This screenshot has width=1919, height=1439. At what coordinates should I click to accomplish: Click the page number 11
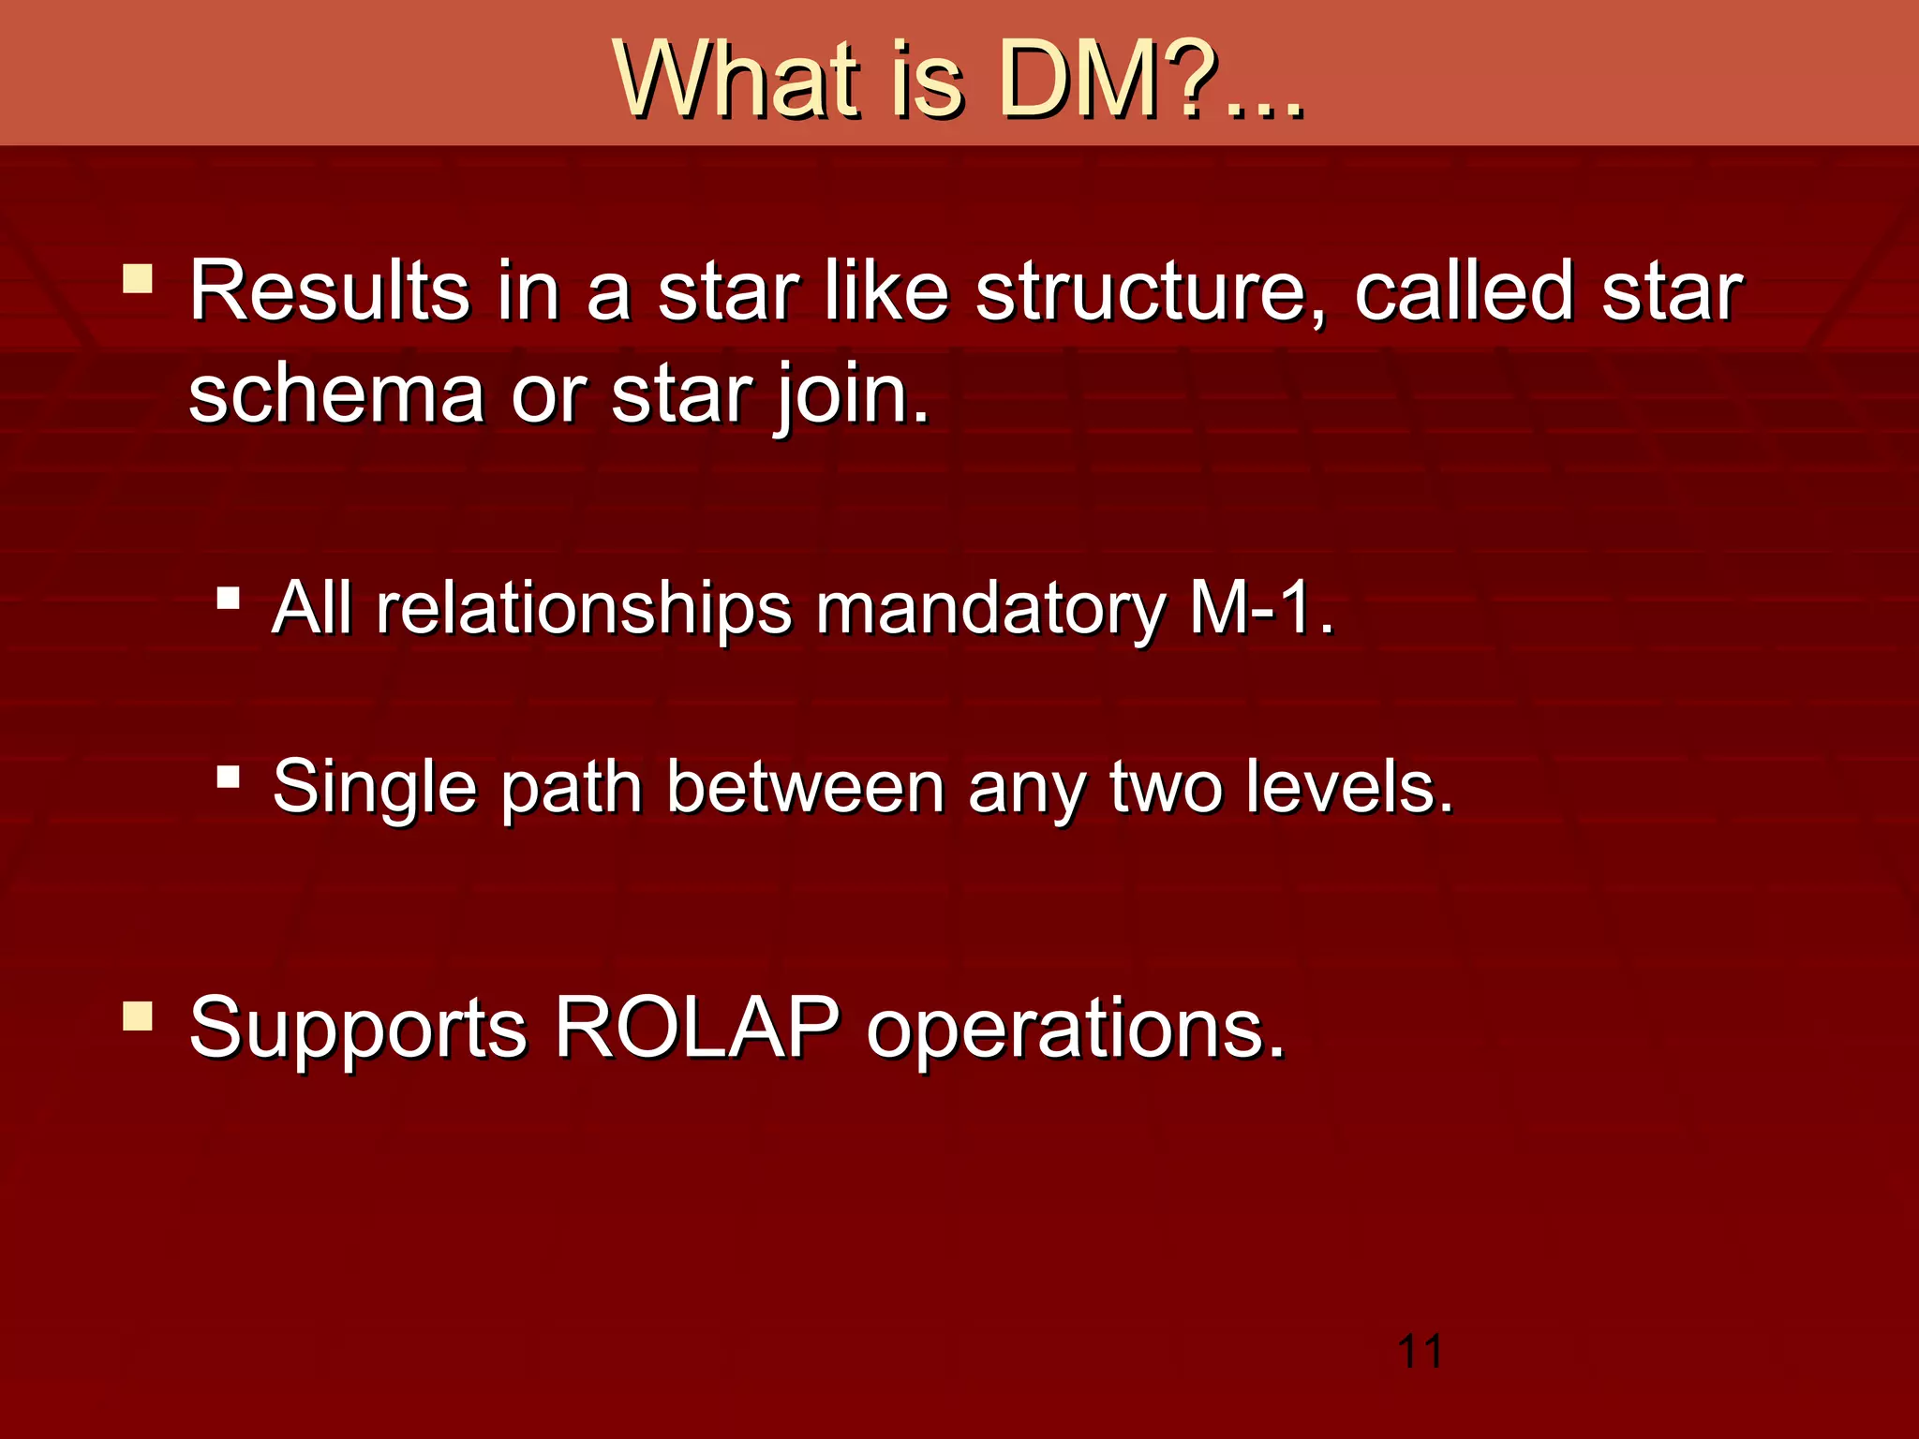[x=1420, y=1352]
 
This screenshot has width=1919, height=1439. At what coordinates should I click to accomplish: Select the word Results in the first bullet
[x=329, y=291]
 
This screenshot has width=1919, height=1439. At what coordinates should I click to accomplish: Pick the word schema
[x=336, y=395]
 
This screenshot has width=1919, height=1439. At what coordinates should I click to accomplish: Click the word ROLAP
[x=697, y=1029]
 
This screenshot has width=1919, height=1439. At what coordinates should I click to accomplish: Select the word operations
[x=1075, y=1029]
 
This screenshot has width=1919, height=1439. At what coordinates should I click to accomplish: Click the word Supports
[x=358, y=1029]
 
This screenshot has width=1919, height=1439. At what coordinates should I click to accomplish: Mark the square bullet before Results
[x=138, y=279]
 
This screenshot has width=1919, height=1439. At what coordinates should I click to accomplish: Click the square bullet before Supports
[x=138, y=1016]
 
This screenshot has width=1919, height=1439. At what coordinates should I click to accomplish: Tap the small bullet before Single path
[x=228, y=777]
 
